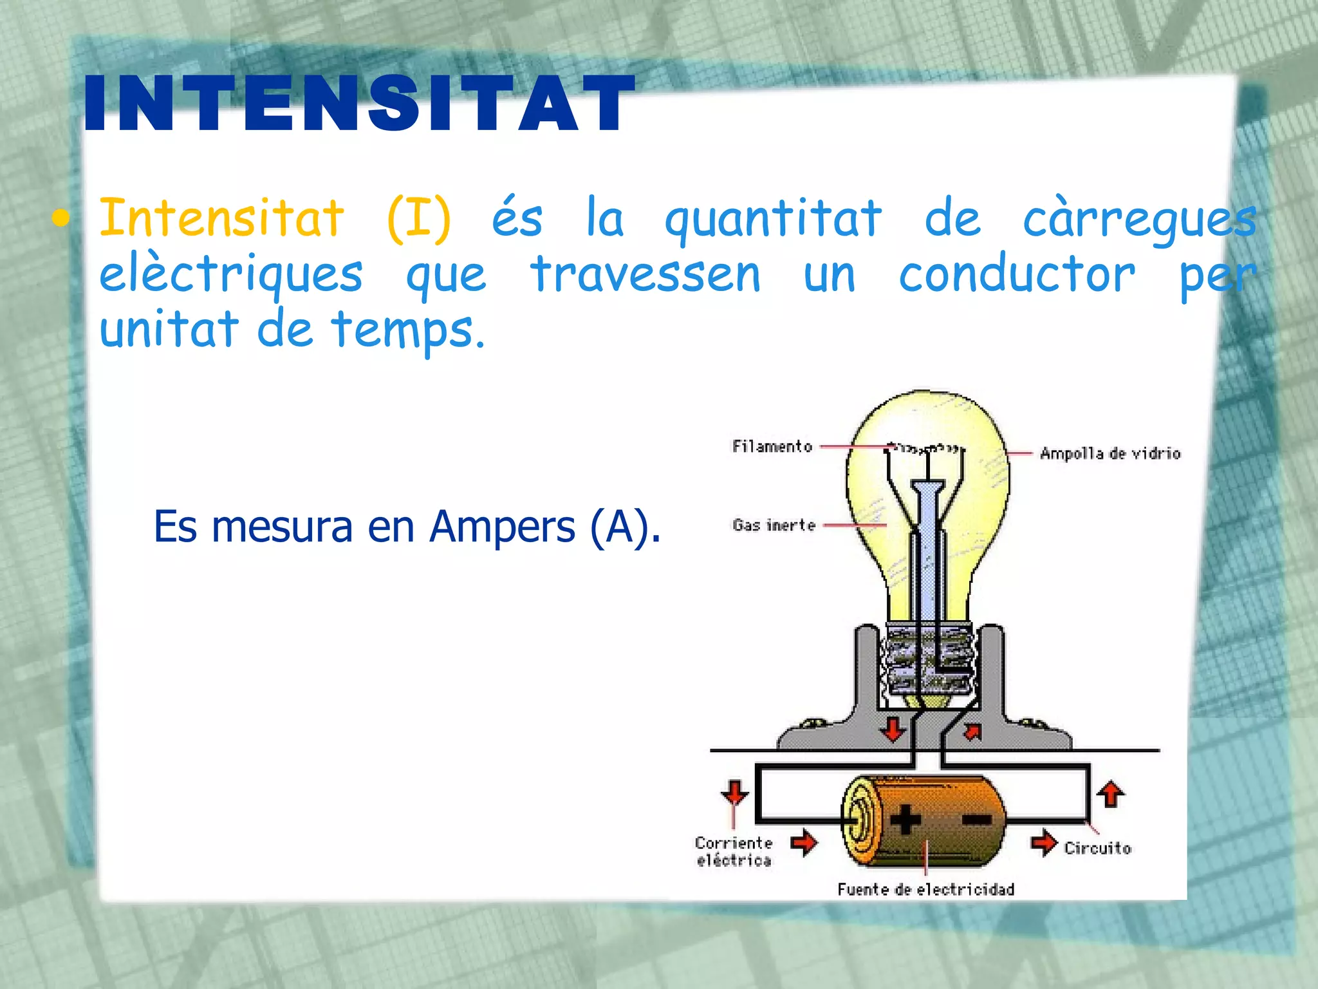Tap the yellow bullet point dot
click(60, 219)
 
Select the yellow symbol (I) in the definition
click(419, 219)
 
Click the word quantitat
click(773, 219)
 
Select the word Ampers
click(502, 527)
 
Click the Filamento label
click(772, 446)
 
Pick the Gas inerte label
click(774, 525)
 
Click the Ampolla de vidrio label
click(1110, 453)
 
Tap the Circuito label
click(1097, 848)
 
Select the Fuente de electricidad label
click(925, 889)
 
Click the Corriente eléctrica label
click(734, 851)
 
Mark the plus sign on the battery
click(905, 820)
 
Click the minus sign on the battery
click(977, 819)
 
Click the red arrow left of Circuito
click(1043, 843)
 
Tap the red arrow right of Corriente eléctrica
click(804, 842)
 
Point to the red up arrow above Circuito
click(1110, 794)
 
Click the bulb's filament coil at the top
click(925, 447)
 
